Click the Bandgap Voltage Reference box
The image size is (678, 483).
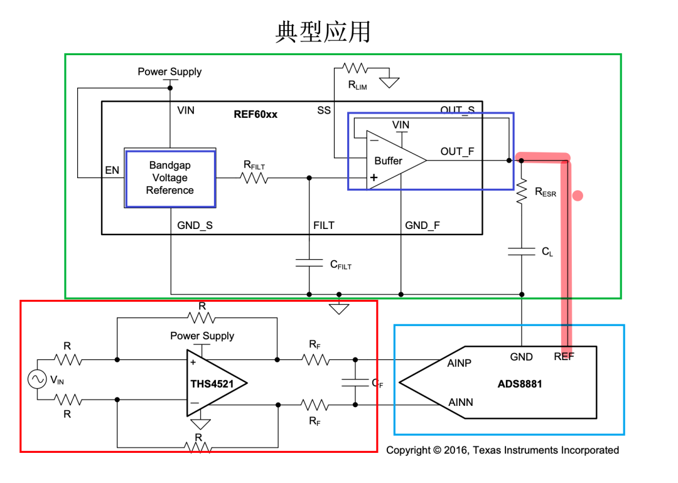pyautogui.click(x=170, y=178)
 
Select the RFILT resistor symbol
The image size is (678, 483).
pyautogui.click(x=254, y=178)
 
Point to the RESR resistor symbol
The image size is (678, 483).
pyautogui.click(x=522, y=190)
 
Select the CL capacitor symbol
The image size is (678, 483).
pyautogui.click(x=522, y=251)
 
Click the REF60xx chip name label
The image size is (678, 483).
pyautogui.click(x=256, y=114)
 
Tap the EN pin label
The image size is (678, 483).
pyautogui.click(x=112, y=170)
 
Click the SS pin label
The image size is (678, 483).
pyautogui.click(x=323, y=110)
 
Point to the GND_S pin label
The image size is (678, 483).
pyautogui.click(x=195, y=225)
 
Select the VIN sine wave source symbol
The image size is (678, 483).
pyautogui.click(x=36, y=379)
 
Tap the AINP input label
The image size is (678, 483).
pyautogui.click(x=460, y=363)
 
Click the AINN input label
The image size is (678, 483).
pyautogui.click(x=460, y=402)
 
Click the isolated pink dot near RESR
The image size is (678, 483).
pyautogui.click(x=578, y=196)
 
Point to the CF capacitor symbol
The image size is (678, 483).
pyautogui.click(x=355, y=383)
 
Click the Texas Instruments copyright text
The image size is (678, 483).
pyautogui.click(x=502, y=450)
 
